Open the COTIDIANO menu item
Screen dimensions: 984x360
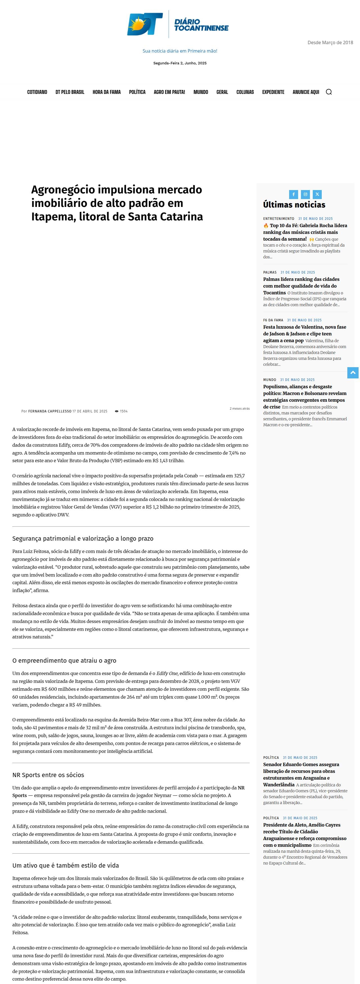pos(37,92)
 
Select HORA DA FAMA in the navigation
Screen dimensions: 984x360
pos(107,92)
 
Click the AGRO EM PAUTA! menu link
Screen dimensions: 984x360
pos(169,92)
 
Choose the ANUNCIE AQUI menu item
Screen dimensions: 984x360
pos(306,92)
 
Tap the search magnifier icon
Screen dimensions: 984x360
pos(329,92)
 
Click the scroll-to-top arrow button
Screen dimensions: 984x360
pos(353,373)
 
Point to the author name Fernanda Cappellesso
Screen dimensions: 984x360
pos(50,411)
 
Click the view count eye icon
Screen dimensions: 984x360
pos(116,411)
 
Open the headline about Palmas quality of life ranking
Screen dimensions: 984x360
pos(301,286)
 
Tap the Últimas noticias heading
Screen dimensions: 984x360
pos(294,205)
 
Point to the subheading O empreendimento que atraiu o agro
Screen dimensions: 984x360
pos(64,660)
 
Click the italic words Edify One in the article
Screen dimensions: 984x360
pos(167,673)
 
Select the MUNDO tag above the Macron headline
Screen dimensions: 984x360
pos(269,380)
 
